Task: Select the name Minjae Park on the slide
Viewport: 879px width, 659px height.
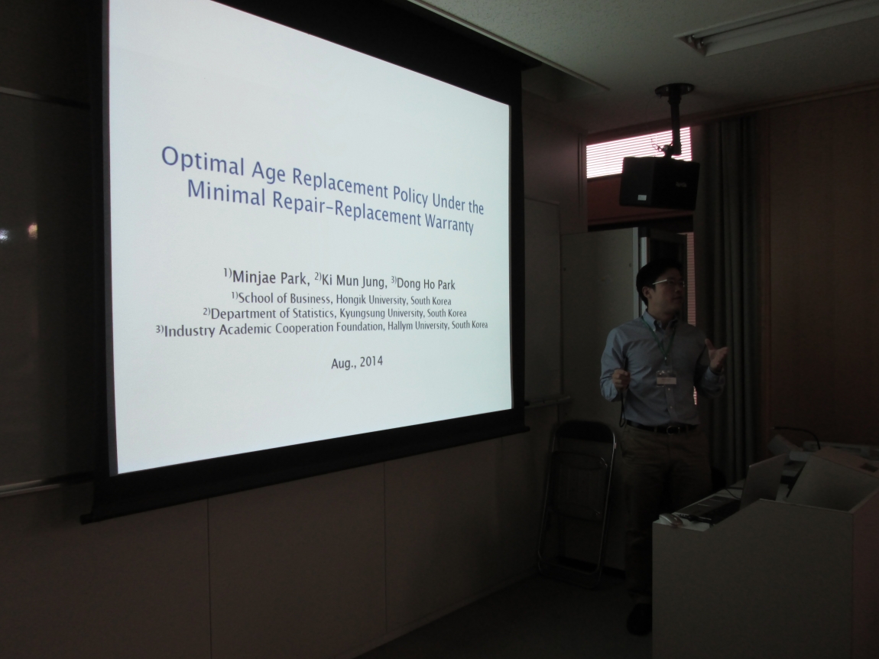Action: click(x=270, y=277)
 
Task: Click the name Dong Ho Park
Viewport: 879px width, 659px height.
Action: click(x=426, y=283)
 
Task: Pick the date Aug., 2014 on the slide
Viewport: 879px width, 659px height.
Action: click(x=357, y=362)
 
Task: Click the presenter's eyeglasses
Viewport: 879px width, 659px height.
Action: click(x=668, y=283)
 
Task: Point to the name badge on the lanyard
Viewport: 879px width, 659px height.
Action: click(x=666, y=377)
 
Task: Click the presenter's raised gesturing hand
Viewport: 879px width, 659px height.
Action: click(x=716, y=355)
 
